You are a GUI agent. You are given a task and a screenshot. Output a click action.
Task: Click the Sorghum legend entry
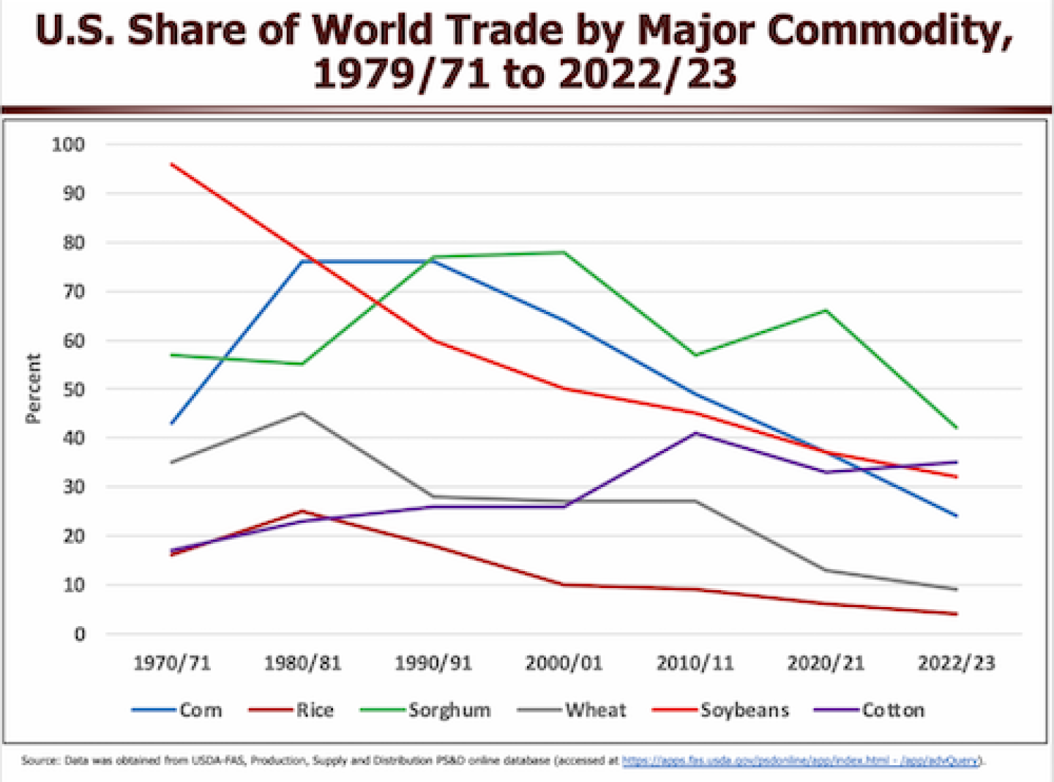449,710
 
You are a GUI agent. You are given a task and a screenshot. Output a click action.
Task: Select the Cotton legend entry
892,710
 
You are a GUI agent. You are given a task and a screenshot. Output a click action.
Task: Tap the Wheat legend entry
595,710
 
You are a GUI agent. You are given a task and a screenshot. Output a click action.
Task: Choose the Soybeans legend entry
744,710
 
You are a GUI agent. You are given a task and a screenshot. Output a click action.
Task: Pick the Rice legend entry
315,710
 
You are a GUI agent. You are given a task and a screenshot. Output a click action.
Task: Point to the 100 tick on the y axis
68,144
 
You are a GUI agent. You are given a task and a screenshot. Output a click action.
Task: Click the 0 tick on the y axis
79,634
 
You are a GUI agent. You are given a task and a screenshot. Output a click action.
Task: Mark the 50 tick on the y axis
73,390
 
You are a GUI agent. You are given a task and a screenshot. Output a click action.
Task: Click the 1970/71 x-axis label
172,663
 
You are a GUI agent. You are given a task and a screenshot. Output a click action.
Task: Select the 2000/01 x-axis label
564,663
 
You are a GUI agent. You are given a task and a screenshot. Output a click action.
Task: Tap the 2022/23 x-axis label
956,663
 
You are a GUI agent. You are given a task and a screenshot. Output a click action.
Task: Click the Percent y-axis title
33,388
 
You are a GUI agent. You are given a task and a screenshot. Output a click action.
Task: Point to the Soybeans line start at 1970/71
172,165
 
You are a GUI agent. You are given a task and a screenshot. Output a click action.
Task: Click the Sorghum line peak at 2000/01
564,253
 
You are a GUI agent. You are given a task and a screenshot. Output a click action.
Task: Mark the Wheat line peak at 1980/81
302,413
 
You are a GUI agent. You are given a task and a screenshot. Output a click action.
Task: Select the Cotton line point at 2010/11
695,433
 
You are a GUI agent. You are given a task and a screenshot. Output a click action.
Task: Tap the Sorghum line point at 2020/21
826,310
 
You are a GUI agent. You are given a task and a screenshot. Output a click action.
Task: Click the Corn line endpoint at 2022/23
956,516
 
